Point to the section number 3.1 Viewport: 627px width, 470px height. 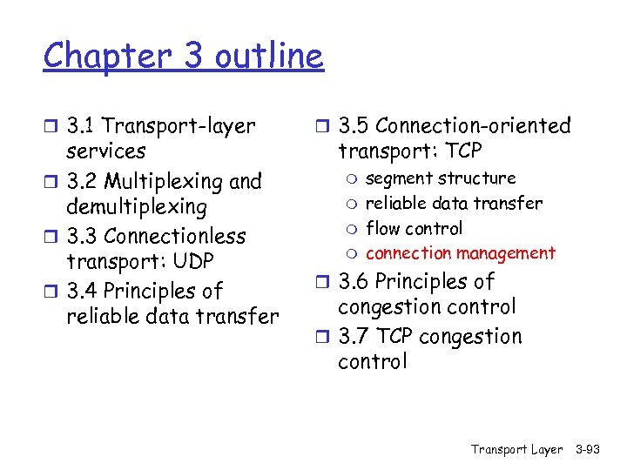[x=82, y=126]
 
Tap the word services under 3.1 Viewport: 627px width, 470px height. [x=106, y=151]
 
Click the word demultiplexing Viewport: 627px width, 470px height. [x=137, y=207]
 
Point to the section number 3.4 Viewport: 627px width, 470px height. [x=82, y=292]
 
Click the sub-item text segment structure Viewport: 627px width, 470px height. [x=441, y=178]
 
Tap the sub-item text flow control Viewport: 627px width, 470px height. [x=415, y=229]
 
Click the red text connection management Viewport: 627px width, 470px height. [x=461, y=253]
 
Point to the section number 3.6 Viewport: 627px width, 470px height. [x=354, y=282]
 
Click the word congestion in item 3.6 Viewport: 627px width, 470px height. [x=391, y=307]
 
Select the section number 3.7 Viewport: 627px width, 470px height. [x=354, y=337]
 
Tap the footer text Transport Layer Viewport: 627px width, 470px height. [x=517, y=450]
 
